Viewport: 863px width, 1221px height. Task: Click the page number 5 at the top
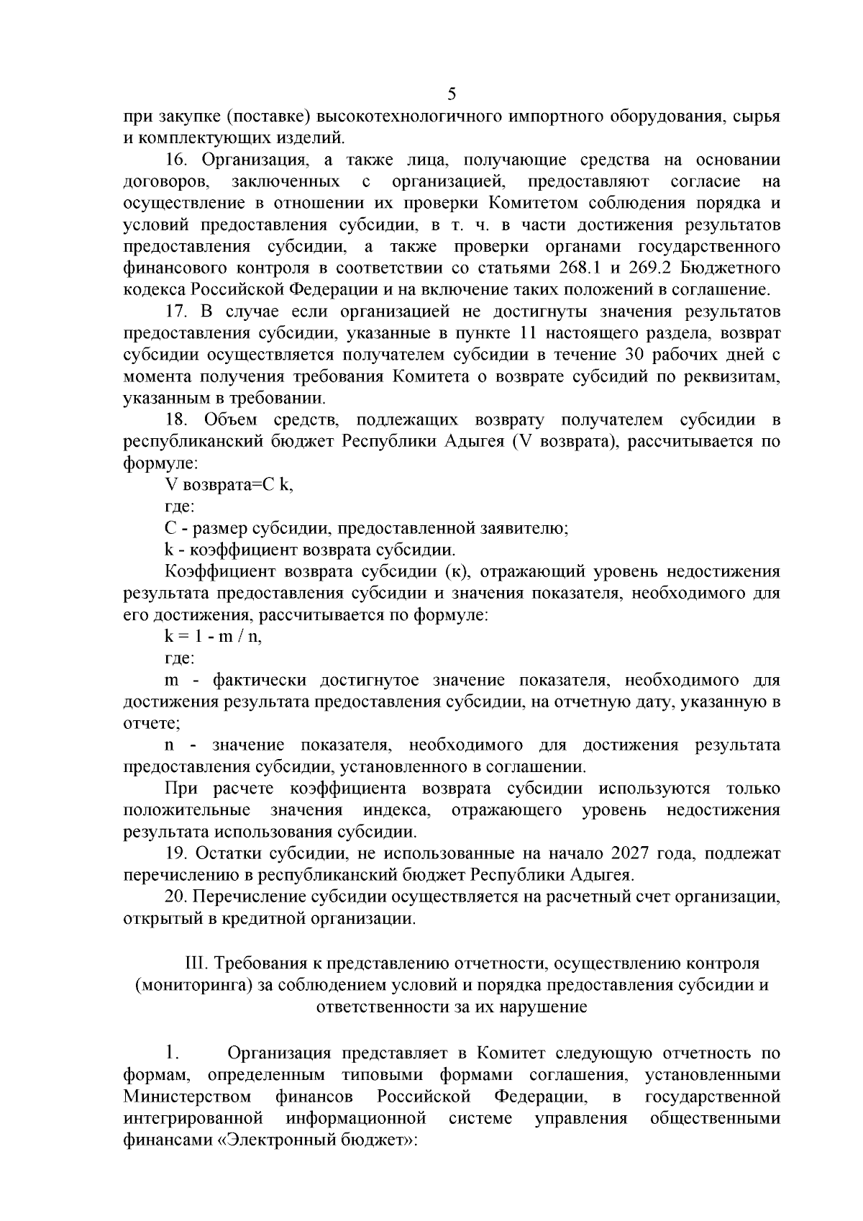point(452,94)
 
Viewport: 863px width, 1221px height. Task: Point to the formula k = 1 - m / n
point(213,637)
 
